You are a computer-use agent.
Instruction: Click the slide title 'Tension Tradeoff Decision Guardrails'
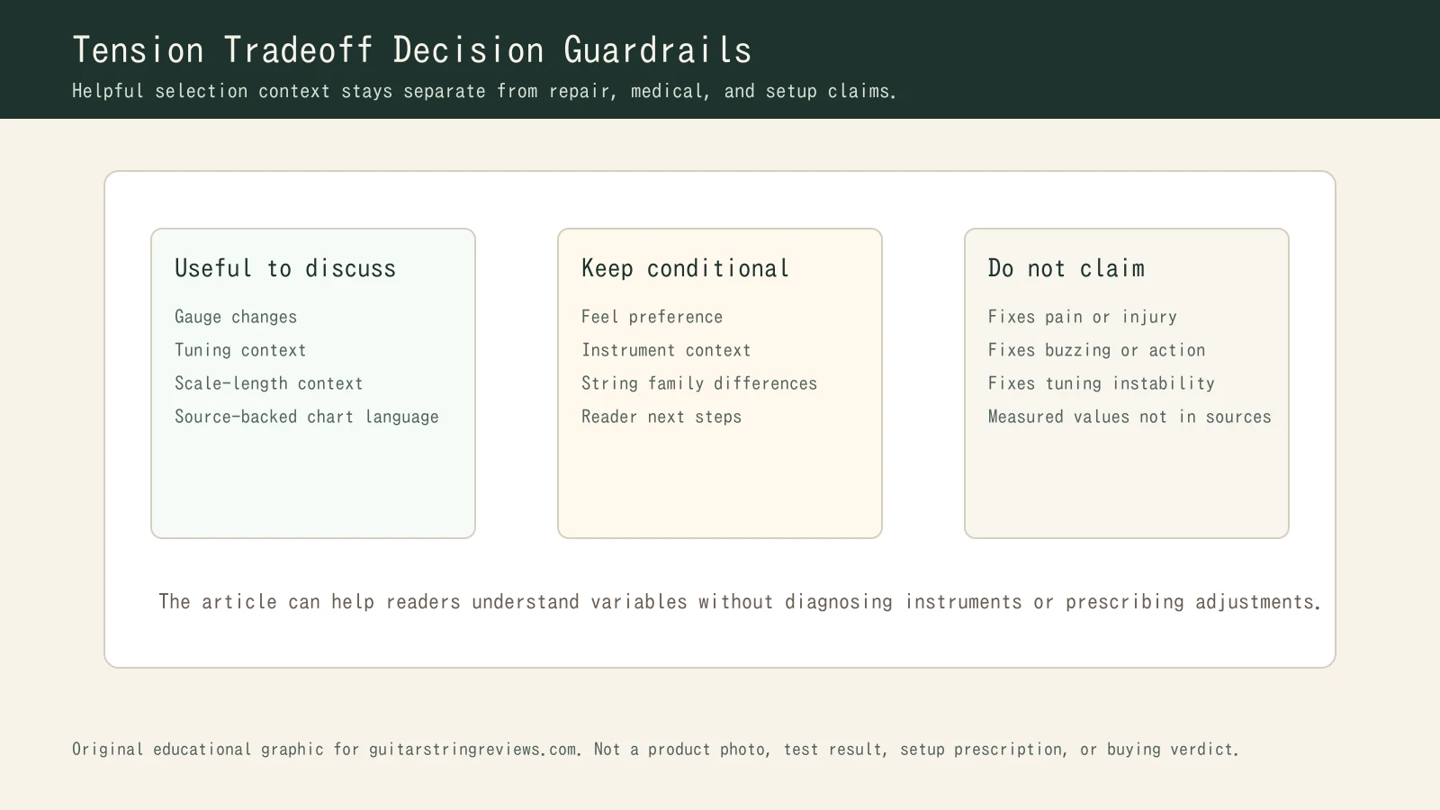(411, 50)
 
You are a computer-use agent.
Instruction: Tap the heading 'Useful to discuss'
(285, 268)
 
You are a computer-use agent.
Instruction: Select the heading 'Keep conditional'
(685, 268)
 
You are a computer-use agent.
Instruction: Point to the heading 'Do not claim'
(1066, 268)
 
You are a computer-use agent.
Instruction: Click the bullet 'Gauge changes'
(236, 317)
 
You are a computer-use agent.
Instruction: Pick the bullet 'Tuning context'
(240, 350)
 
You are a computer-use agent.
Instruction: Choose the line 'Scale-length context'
(268, 383)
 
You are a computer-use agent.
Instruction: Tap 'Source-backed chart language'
(306, 417)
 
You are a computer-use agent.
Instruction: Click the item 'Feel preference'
(652, 317)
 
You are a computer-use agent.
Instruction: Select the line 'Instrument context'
(666, 350)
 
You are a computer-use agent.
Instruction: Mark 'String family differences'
(699, 383)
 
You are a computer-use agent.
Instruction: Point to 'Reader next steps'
(661, 417)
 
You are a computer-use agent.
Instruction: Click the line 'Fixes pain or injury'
(1082, 317)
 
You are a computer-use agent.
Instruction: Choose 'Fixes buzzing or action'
(1096, 350)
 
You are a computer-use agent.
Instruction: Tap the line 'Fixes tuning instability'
(1101, 383)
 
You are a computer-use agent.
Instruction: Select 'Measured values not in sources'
(1129, 417)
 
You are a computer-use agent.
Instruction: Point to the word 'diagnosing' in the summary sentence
(839, 602)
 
